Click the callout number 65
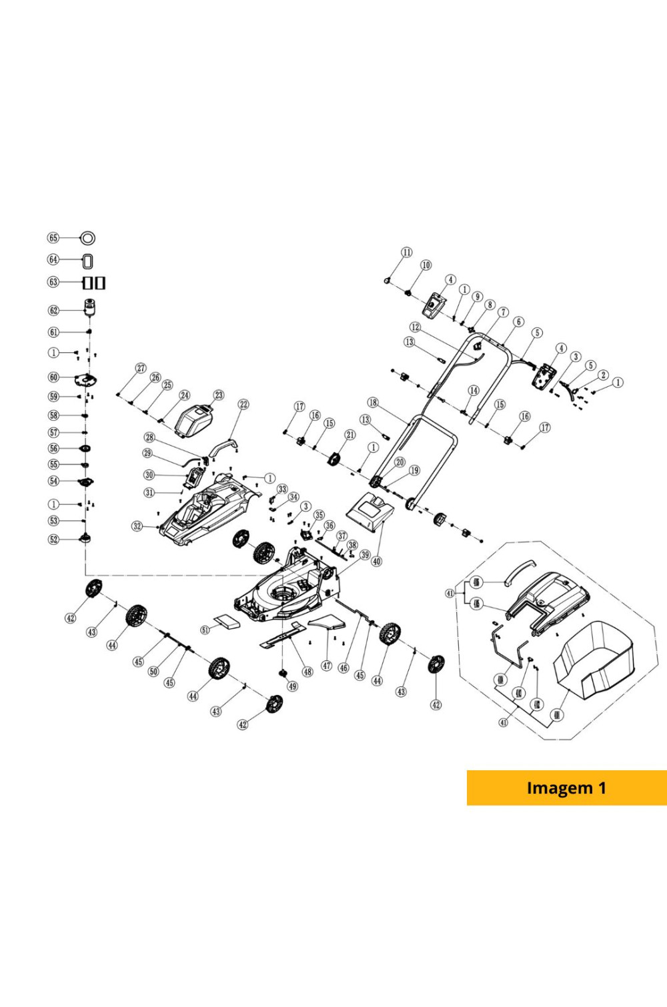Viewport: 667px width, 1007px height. click(53, 238)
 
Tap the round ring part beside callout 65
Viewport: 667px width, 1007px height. click(88, 238)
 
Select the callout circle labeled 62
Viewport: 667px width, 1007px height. click(54, 310)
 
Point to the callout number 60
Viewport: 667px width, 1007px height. click(53, 377)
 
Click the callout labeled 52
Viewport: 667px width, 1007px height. click(54, 540)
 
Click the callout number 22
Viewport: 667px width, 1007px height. click(243, 405)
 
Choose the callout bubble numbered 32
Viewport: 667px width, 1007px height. click(137, 526)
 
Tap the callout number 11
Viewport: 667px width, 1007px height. click(407, 252)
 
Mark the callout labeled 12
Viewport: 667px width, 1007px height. click(416, 327)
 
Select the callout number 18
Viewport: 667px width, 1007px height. click(373, 403)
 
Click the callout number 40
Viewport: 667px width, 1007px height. click(377, 562)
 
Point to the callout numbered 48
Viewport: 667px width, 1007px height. click(307, 672)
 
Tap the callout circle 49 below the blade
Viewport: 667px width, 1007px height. click(293, 687)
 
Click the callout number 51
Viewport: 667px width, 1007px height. click(205, 630)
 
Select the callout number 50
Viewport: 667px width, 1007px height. click(153, 672)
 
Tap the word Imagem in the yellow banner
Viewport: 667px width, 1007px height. click(550, 788)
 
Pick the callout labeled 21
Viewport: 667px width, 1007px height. click(350, 435)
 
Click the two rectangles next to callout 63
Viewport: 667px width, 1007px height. click(94, 283)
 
